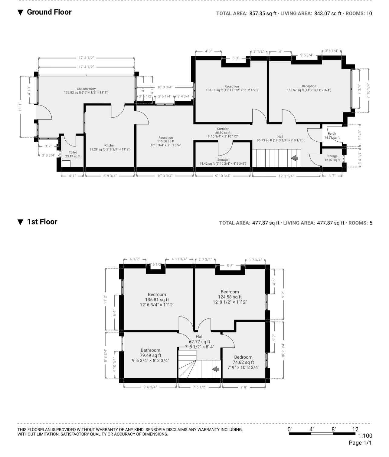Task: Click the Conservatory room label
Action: [86, 89]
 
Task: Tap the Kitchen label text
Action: [110, 146]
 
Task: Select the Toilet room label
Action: [73, 153]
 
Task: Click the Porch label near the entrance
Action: [332, 134]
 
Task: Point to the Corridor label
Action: [223, 129]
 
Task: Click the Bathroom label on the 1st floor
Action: [150, 350]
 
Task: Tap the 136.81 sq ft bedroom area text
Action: [157, 300]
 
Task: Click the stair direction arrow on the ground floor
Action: [295, 158]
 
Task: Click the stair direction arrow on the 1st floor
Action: [216, 369]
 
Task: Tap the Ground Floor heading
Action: [49, 12]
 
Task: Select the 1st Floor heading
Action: [42, 222]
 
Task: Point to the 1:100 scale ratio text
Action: [365, 436]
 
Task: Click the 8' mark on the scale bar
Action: [333, 429]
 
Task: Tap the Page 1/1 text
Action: [360, 443]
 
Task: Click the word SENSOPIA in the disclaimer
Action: [156, 430]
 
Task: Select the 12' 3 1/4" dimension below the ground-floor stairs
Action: [286, 176]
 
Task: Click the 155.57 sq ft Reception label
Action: [309, 90]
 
